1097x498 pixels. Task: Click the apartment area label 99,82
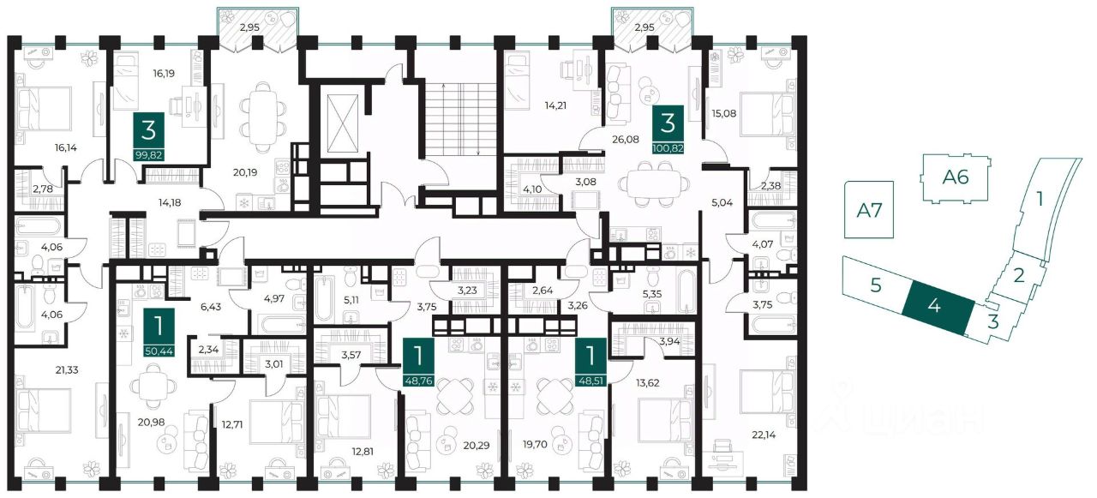(x=148, y=156)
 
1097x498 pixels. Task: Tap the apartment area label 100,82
(x=668, y=147)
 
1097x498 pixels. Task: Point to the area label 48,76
(x=418, y=381)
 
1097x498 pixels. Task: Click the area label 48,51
(x=591, y=381)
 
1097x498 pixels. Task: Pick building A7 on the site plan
(x=869, y=210)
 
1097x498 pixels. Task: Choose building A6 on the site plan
(x=956, y=177)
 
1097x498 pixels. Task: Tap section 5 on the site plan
(x=876, y=285)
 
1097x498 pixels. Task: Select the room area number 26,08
(x=626, y=140)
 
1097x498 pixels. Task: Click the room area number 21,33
(x=67, y=370)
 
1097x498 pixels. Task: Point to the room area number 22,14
(x=764, y=435)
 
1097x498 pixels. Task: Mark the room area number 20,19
(x=245, y=172)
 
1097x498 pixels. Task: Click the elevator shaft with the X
(x=342, y=124)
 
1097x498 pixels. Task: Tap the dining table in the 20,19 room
(x=263, y=116)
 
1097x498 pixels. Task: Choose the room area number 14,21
(x=555, y=105)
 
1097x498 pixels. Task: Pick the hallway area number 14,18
(x=170, y=203)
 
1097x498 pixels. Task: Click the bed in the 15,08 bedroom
(x=768, y=114)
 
